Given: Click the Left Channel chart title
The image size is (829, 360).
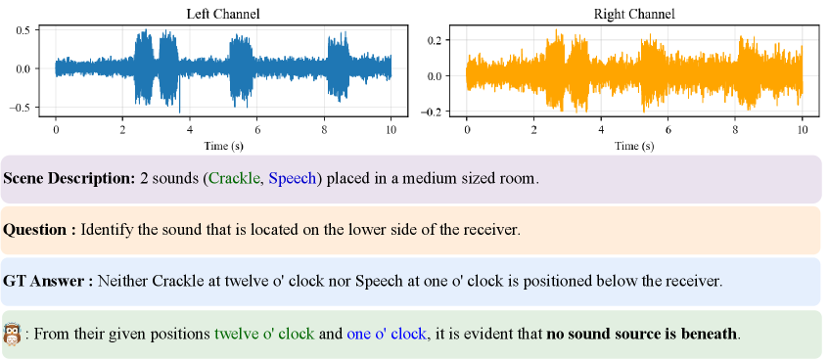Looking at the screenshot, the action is [223, 15].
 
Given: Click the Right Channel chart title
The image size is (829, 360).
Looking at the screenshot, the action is [634, 15].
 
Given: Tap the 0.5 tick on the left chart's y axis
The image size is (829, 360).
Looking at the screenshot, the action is [23, 29].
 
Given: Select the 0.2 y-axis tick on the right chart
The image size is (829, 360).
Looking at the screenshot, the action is [435, 40].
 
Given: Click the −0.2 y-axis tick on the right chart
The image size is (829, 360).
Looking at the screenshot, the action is [431, 112].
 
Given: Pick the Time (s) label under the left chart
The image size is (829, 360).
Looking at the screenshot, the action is [223, 146].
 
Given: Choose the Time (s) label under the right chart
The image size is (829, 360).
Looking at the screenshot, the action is [634, 146].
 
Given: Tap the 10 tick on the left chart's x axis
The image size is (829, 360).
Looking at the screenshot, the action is [391, 129].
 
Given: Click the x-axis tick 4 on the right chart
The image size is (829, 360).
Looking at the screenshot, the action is [601, 129].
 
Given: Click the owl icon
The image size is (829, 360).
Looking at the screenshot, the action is [11, 335].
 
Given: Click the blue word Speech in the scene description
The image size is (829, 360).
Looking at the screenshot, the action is [293, 179].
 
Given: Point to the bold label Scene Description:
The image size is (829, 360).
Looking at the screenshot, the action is [69, 179].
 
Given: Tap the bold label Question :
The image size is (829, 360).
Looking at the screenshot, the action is [40, 231].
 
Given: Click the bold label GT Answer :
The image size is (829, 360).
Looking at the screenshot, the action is [48, 281].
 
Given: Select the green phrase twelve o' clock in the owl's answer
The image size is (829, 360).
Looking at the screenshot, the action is [264, 335].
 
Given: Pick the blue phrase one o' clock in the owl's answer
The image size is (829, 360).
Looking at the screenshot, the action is [386, 335].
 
